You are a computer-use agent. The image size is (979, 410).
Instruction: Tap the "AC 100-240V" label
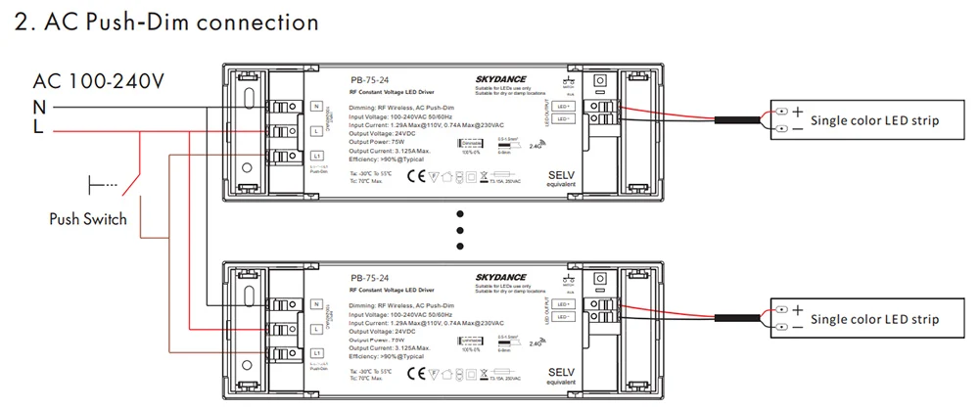(98, 80)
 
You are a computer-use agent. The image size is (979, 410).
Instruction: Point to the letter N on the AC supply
(39, 106)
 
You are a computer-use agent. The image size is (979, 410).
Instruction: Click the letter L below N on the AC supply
(38, 126)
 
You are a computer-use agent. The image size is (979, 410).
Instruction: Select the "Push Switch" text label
(88, 218)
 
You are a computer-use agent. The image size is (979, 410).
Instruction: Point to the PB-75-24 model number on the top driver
(367, 81)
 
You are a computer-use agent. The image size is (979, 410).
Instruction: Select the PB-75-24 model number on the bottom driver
(367, 278)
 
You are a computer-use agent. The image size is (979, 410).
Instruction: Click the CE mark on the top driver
(414, 177)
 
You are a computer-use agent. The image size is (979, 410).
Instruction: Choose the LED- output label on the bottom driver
(564, 315)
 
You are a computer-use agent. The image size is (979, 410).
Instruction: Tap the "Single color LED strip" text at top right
(875, 121)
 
